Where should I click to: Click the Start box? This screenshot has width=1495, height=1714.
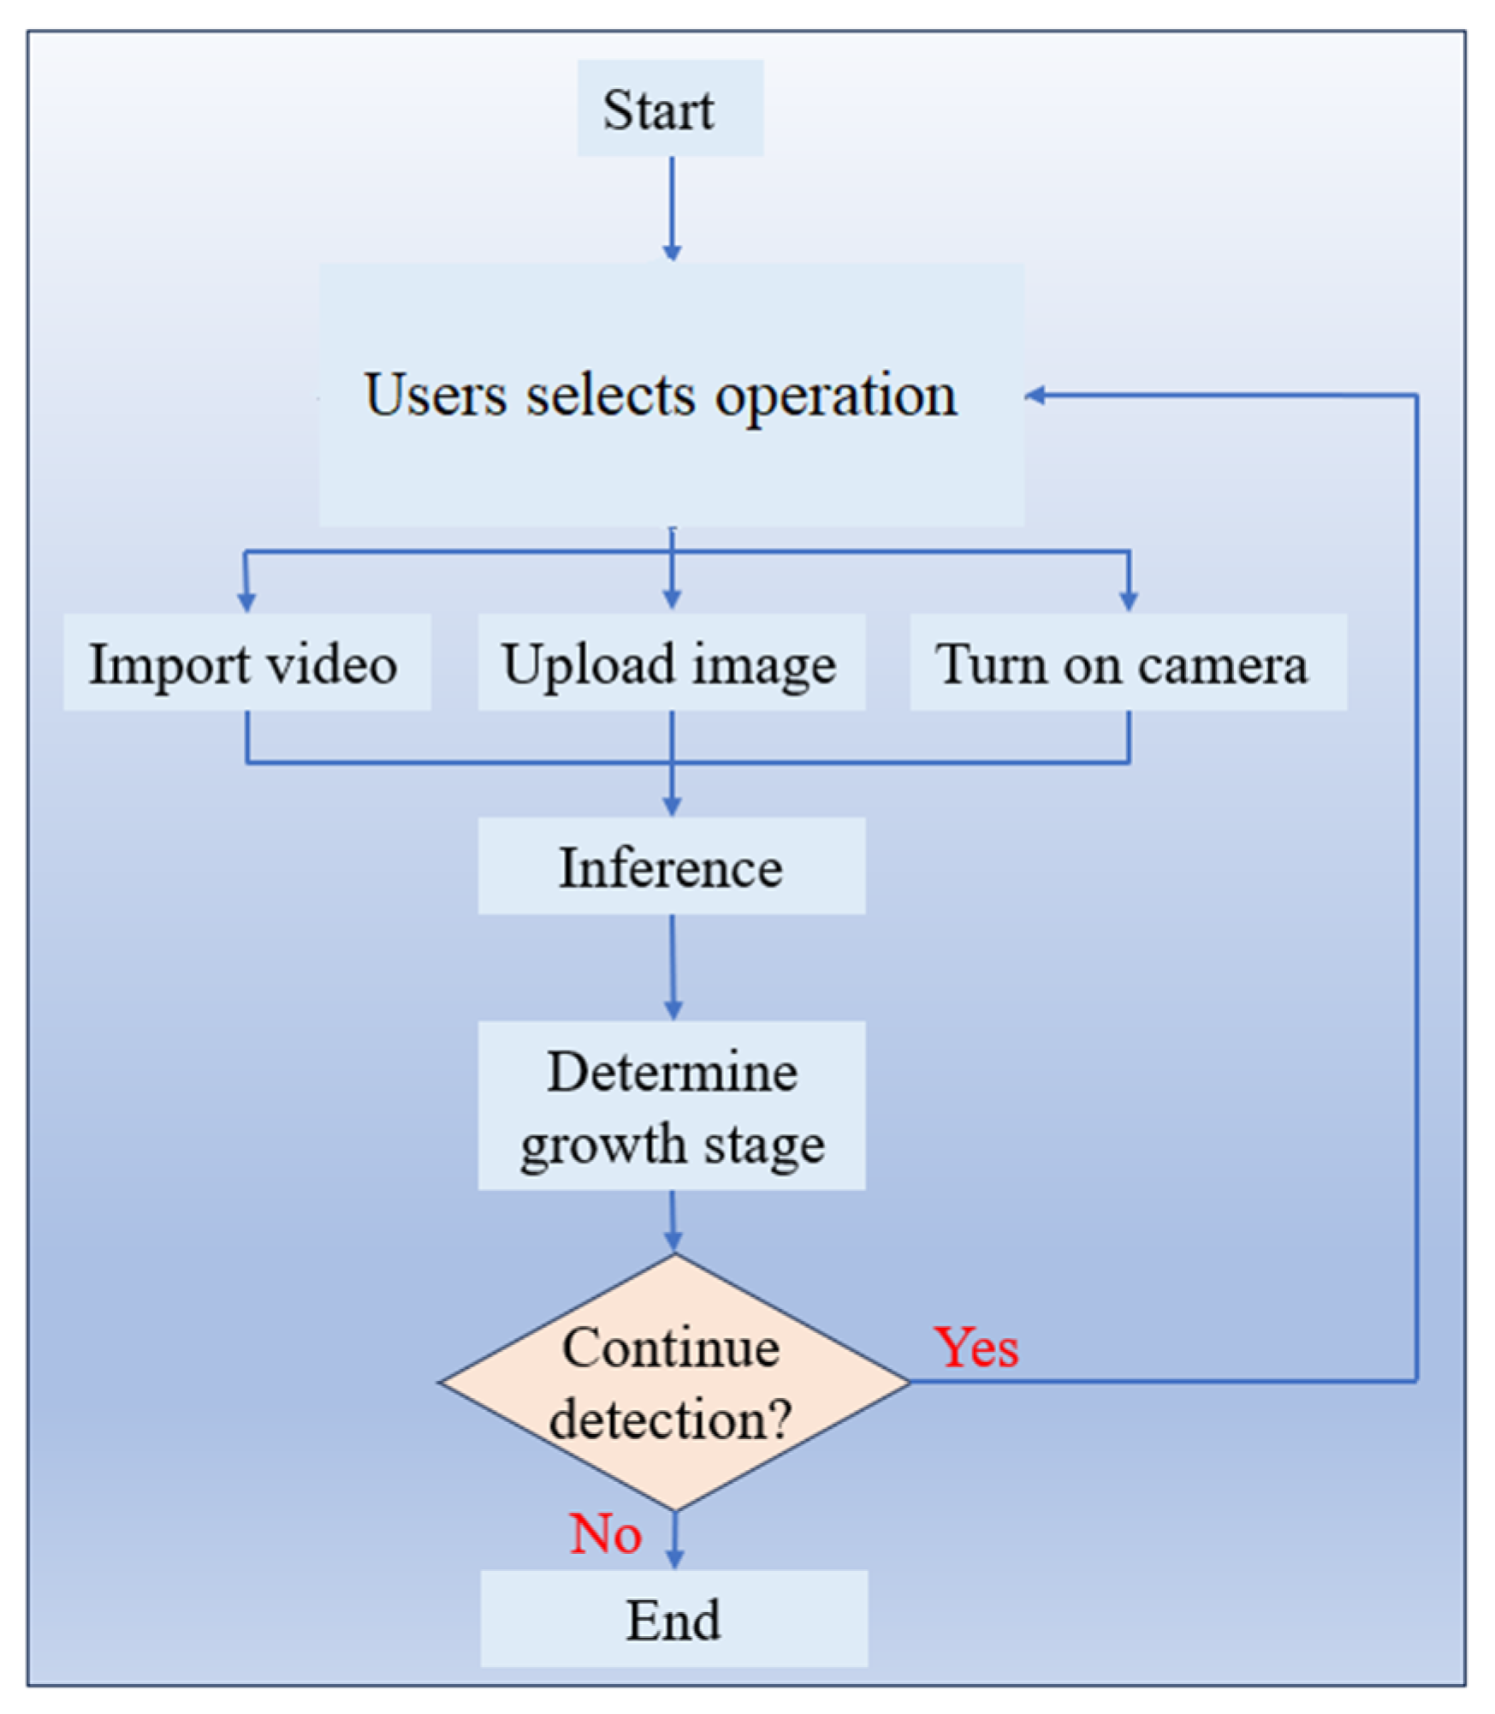point(670,108)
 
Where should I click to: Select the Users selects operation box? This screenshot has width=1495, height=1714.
point(671,395)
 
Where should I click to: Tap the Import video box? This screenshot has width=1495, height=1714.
point(246,662)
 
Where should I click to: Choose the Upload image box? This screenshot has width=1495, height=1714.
point(671,662)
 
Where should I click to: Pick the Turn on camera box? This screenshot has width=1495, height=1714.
point(1127,662)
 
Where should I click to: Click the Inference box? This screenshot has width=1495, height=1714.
point(671,866)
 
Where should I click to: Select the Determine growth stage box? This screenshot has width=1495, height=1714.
point(671,1104)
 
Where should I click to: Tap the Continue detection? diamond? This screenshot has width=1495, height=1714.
point(673,1381)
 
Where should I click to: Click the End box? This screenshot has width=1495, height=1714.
point(673,1618)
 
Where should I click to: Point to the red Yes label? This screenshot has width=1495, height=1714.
point(976,1348)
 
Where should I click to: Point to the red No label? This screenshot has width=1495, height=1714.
point(605,1533)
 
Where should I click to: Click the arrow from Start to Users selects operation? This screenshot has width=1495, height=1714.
point(672,207)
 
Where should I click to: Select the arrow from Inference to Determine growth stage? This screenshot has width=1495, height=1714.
point(673,966)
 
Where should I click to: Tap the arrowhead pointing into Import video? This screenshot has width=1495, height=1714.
point(246,602)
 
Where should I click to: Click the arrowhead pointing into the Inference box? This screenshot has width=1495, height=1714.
point(672,806)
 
